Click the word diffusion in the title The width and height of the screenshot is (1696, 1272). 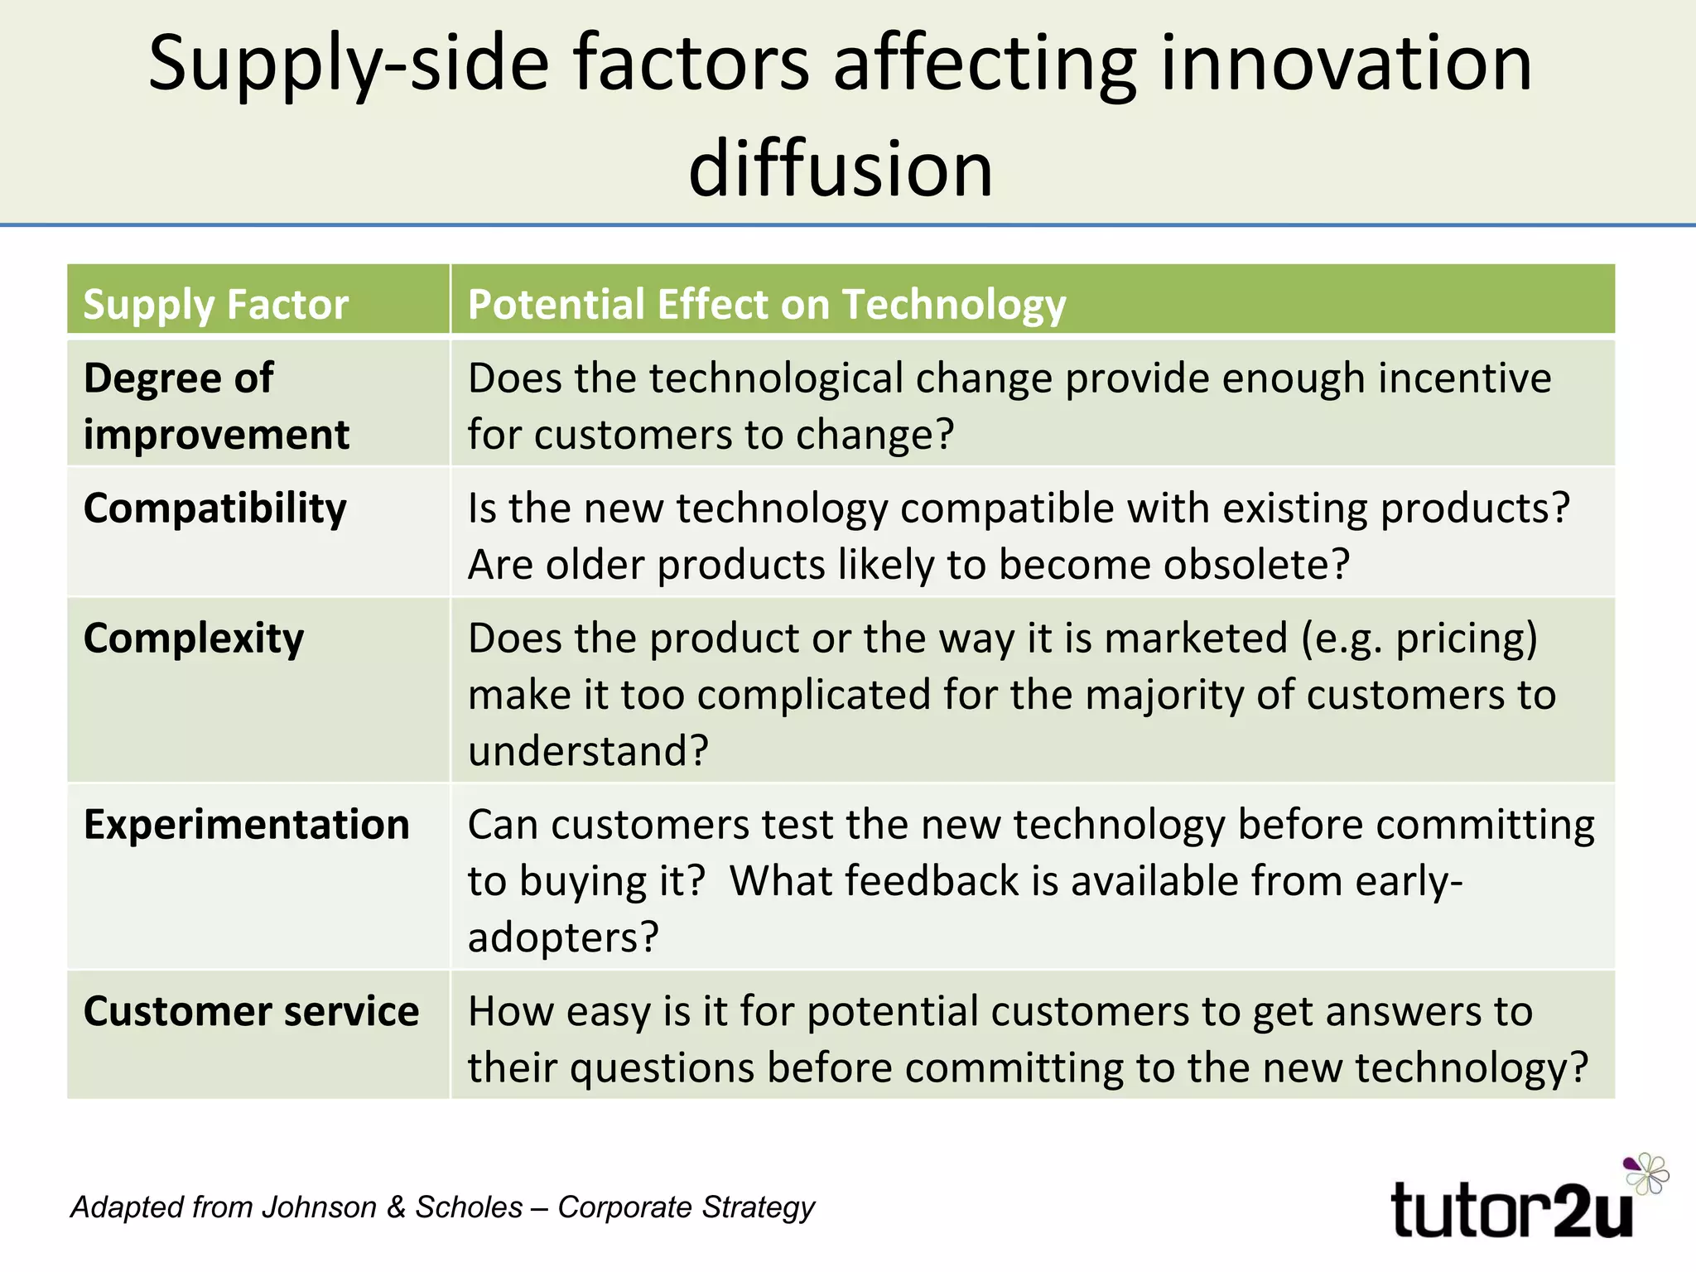click(x=841, y=168)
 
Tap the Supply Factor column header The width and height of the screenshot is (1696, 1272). click(x=215, y=304)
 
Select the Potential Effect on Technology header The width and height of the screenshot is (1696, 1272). click(x=766, y=304)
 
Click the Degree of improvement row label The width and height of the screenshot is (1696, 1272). click(x=215, y=406)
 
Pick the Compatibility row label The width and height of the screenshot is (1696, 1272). click(x=215, y=508)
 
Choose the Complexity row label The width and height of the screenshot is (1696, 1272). click(x=194, y=638)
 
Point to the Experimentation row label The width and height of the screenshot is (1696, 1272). click(x=247, y=825)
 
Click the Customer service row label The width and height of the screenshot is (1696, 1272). click(x=251, y=1011)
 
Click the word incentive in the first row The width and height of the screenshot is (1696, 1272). click(x=1464, y=378)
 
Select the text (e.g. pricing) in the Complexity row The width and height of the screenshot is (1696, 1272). click(x=1419, y=638)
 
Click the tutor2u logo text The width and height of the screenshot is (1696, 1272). click(x=1510, y=1210)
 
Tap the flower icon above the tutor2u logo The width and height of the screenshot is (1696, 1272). click(x=1646, y=1173)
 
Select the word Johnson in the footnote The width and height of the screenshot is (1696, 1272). click(x=319, y=1207)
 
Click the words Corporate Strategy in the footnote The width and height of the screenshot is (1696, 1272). click(x=686, y=1207)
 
